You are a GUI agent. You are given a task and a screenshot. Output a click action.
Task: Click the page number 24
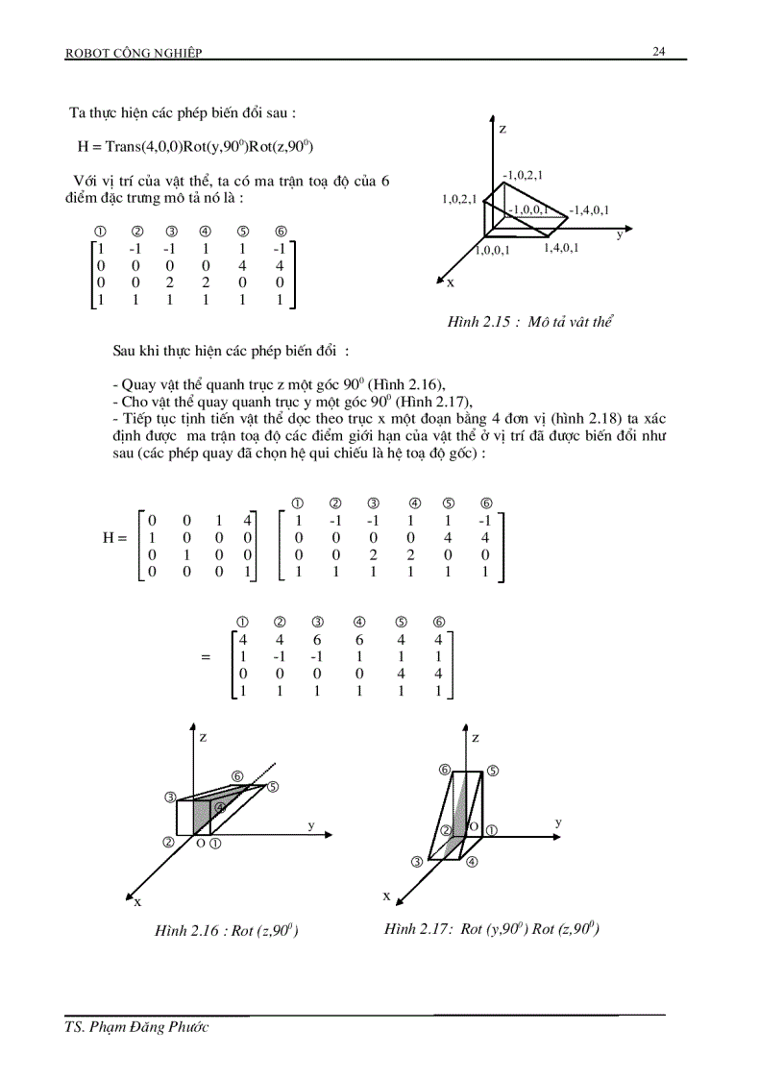[x=659, y=51]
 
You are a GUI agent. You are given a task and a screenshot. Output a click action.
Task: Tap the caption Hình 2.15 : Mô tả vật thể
[x=529, y=322]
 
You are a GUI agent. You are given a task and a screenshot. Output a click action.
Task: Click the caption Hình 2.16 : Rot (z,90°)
[x=226, y=930]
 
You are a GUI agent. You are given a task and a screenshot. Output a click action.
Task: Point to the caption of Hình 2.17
[x=492, y=928]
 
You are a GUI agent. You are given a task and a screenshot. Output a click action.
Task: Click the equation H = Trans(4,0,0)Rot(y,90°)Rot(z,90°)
[x=196, y=147]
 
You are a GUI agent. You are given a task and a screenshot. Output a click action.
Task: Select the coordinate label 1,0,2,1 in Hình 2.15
[x=460, y=199]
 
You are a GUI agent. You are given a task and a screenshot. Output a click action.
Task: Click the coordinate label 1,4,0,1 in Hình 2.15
[x=562, y=248]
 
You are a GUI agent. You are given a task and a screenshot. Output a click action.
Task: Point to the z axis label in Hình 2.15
[x=502, y=128]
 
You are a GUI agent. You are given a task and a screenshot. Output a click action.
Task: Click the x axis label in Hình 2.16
[x=137, y=901]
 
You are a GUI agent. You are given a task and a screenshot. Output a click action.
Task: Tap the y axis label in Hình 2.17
[x=558, y=822]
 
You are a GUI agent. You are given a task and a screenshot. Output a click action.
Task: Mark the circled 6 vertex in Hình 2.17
[x=445, y=771]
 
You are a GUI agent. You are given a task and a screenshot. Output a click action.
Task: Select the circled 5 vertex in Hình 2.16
[x=273, y=787]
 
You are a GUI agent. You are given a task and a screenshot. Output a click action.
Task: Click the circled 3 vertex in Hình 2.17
[x=417, y=862]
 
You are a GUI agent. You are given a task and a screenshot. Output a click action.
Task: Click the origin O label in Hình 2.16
[x=200, y=844]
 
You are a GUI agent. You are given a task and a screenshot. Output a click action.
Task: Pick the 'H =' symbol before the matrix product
[x=114, y=538]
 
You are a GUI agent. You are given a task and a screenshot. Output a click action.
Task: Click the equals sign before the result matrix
[x=205, y=658]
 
